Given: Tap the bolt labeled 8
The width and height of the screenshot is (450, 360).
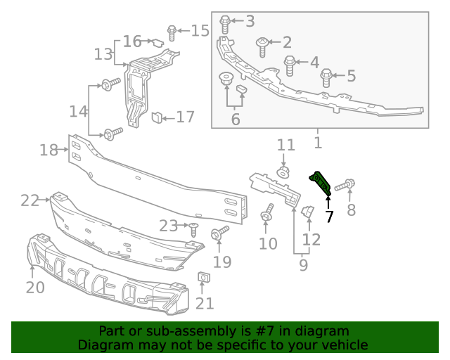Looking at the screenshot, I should [344, 186].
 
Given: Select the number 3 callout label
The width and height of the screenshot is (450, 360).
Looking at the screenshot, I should [250, 21].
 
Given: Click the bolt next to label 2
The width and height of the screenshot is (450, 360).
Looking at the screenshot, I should [262, 46].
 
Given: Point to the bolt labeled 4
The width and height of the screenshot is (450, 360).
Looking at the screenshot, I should [290, 65].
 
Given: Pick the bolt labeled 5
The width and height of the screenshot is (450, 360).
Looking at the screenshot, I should [326, 77].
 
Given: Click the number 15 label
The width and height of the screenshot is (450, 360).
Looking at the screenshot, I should [200, 30].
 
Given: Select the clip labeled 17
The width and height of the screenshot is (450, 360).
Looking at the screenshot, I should [157, 116].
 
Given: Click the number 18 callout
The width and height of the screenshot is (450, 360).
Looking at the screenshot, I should [49, 150].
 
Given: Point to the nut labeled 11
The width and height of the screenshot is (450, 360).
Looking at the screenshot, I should [285, 172].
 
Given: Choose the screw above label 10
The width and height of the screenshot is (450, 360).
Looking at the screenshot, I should [268, 214].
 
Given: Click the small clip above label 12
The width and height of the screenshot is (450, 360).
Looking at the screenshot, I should [307, 211].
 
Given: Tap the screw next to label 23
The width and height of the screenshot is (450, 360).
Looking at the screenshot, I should [193, 228].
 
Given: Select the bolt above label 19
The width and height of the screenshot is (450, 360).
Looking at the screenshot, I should [219, 232].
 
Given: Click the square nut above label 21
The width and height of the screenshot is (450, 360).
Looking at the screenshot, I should [202, 278].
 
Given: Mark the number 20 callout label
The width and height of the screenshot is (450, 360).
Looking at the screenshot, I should [35, 287].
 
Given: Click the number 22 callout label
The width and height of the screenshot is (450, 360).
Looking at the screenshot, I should [30, 200].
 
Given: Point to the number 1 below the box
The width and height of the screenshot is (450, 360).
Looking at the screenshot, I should [318, 143].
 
